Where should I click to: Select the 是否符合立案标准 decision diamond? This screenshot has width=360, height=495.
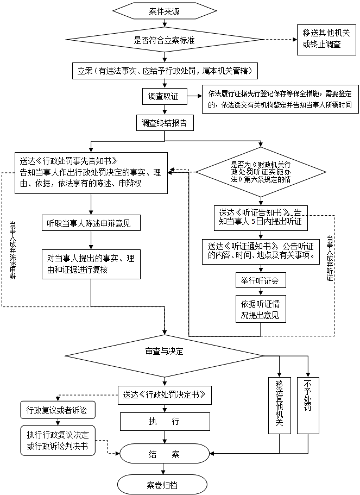tap(163, 40)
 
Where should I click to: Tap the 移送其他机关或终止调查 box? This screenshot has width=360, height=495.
tap(326, 39)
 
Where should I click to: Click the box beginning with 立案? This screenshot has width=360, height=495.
tap(165, 71)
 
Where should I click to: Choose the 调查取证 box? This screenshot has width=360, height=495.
tap(163, 97)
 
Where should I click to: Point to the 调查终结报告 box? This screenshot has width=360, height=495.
tap(164, 123)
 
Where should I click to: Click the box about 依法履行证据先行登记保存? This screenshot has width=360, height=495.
tap(280, 99)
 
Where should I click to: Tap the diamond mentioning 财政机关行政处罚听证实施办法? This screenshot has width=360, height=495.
tap(260, 172)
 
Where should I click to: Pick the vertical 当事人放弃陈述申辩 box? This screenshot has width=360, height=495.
tap(12, 250)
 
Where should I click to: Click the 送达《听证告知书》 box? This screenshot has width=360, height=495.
tap(260, 217)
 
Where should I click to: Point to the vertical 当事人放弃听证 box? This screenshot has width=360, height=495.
tap(330, 258)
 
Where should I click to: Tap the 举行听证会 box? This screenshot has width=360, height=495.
tap(260, 280)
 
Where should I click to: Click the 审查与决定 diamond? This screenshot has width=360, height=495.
tap(164, 352)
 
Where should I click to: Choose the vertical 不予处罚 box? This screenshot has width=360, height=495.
tap(308, 405)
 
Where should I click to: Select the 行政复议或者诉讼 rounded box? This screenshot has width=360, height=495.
tap(57, 410)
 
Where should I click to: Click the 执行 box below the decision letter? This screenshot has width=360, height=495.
tap(165, 422)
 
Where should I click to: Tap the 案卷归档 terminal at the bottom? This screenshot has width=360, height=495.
tap(162, 485)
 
